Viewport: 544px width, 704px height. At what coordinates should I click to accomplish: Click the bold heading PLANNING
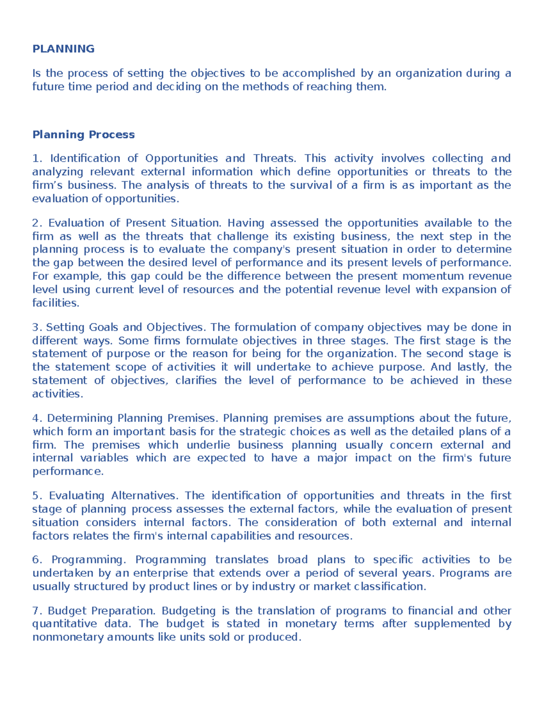[x=63, y=49]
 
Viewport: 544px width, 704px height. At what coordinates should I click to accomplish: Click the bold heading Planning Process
[x=83, y=135]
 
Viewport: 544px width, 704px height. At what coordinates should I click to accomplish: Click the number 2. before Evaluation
[x=37, y=223]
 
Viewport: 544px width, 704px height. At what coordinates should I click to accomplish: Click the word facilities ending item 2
[x=55, y=303]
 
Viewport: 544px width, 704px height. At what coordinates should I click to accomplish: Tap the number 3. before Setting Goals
[x=37, y=327]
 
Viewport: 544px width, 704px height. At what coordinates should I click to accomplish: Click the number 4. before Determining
[x=37, y=418]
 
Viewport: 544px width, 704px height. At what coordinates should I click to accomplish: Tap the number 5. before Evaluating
[x=37, y=495]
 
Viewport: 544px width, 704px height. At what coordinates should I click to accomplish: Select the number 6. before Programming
[x=37, y=560]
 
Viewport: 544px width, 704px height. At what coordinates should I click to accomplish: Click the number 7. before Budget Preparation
[x=37, y=611]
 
